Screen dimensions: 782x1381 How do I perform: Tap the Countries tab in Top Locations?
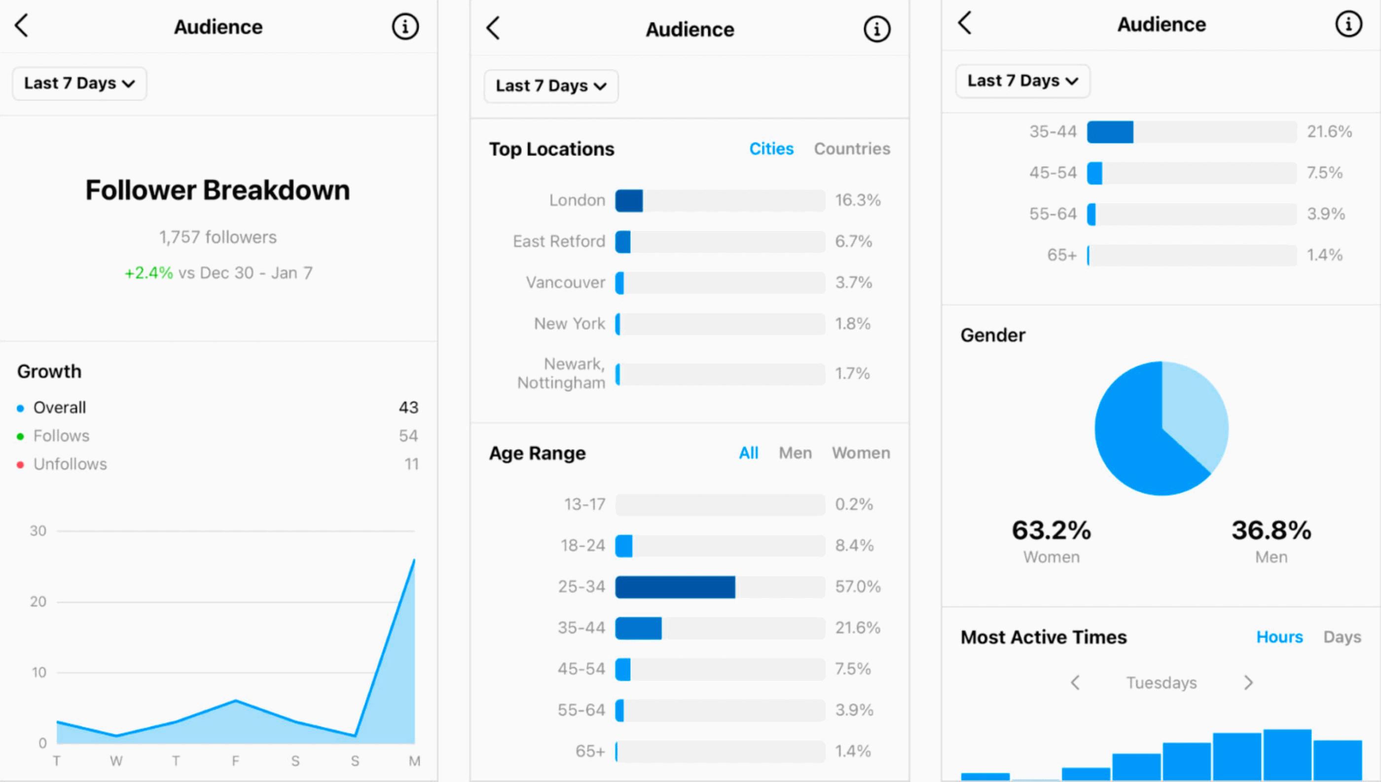tap(852, 149)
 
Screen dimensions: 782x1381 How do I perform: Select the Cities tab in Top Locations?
tap(771, 149)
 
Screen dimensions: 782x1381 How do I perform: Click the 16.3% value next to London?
tap(858, 200)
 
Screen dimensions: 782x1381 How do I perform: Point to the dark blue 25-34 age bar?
tap(675, 587)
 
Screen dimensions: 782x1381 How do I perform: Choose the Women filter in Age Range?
tap(861, 453)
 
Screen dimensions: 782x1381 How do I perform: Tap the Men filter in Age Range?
tap(795, 453)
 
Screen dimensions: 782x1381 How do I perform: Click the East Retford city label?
tap(559, 242)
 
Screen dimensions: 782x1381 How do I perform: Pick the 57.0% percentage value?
tap(858, 587)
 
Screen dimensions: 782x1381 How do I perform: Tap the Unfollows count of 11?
tap(411, 464)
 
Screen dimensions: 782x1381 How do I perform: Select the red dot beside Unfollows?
tap(20, 465)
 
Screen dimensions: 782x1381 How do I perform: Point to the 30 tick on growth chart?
tap(38, 531)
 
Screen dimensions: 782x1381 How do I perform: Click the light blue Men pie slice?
tap(1195, 408)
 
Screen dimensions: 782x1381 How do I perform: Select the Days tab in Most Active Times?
tap(1342, 637)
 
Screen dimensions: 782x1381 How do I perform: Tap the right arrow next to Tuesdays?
tap(1248, 683)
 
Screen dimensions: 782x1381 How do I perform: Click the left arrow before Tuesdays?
tap(1075, 683)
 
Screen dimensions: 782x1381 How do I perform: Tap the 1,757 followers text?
tap(218, 237)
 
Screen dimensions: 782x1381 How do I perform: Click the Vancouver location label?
tap(565, 283)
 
